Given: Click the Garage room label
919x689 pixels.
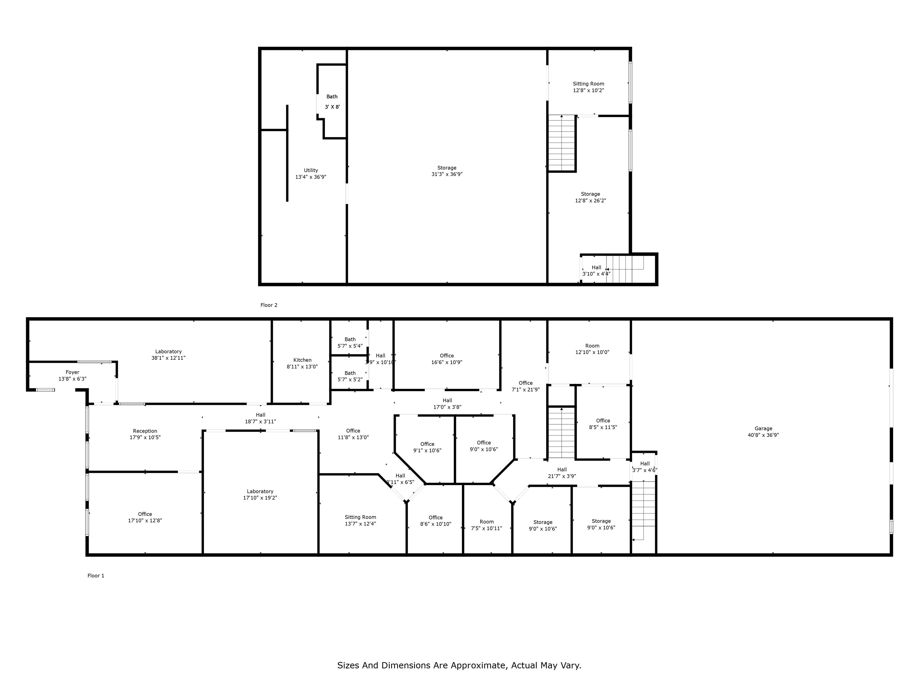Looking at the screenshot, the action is pyautogui.click(x=763, y=429).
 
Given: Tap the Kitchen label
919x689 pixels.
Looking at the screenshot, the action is pyautogui.click(x=302, y=360).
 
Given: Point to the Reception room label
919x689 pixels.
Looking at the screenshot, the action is pyautogui.click(x=145, y=431).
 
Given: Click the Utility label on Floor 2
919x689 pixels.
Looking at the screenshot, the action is pyautogui.click(x=311, y=170).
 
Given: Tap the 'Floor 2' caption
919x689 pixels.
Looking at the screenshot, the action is pyautogui.click(x=269, y=305).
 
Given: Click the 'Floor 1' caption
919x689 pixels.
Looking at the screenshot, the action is pyautogui.click(x=96, y=576).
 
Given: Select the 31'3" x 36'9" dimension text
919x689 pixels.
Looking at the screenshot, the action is pyautogui.click(x=447, y=174).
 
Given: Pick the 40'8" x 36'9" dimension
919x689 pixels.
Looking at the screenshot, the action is pyautogui.click(x=763, y=435).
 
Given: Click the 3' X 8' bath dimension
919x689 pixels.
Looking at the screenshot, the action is pyautogui.click(x=332, y=107).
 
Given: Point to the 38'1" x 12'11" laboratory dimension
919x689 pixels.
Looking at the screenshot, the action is pyautogui.click(x=168, y=358).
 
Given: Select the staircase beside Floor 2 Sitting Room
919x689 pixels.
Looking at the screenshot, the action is pyautogui.click(x=562, y=143).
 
